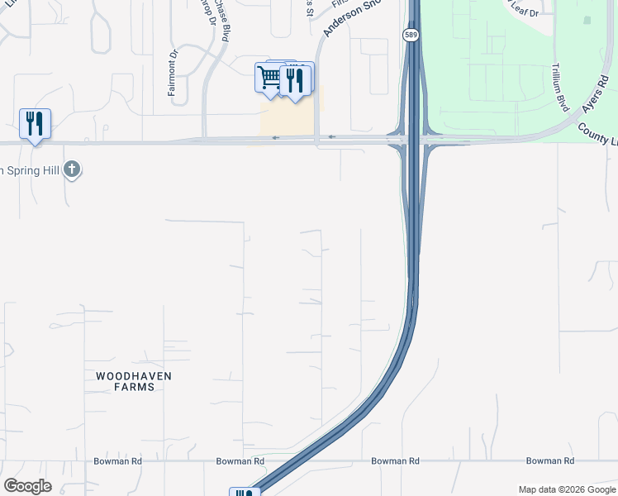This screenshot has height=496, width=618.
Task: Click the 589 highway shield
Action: tap(411, 35)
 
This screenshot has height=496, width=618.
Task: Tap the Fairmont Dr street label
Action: tap(174, 74)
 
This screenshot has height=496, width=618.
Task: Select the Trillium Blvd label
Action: tap(562, 87)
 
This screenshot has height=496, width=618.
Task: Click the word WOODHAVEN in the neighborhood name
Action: tap(133, 375)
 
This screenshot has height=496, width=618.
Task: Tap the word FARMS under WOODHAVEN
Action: tap(133, 387)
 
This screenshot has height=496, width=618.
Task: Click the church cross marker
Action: tap(72, 169)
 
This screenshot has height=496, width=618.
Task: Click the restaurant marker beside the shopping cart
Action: tap(295, 79)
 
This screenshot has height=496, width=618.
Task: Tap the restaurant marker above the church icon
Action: tap(35, 124)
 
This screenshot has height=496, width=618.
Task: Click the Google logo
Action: tap(27, 486)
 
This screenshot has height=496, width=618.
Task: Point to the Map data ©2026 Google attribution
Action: tap(566, 489)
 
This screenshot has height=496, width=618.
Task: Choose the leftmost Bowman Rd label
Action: tap(117, 461)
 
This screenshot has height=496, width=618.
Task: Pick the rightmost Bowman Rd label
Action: tap(549, 461)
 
